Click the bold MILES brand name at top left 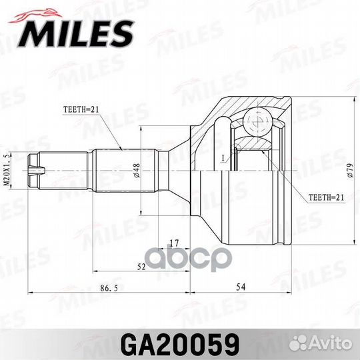coord(76,35)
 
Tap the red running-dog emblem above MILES coord(35,16)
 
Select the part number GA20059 coord(180,345)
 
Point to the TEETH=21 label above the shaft coord(81,109)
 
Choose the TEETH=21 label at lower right coord(326,197)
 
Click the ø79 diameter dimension coord(350,171)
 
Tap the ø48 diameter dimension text coord(137,171)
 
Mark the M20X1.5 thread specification coord(7,170)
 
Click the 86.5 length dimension coord(109,288)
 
